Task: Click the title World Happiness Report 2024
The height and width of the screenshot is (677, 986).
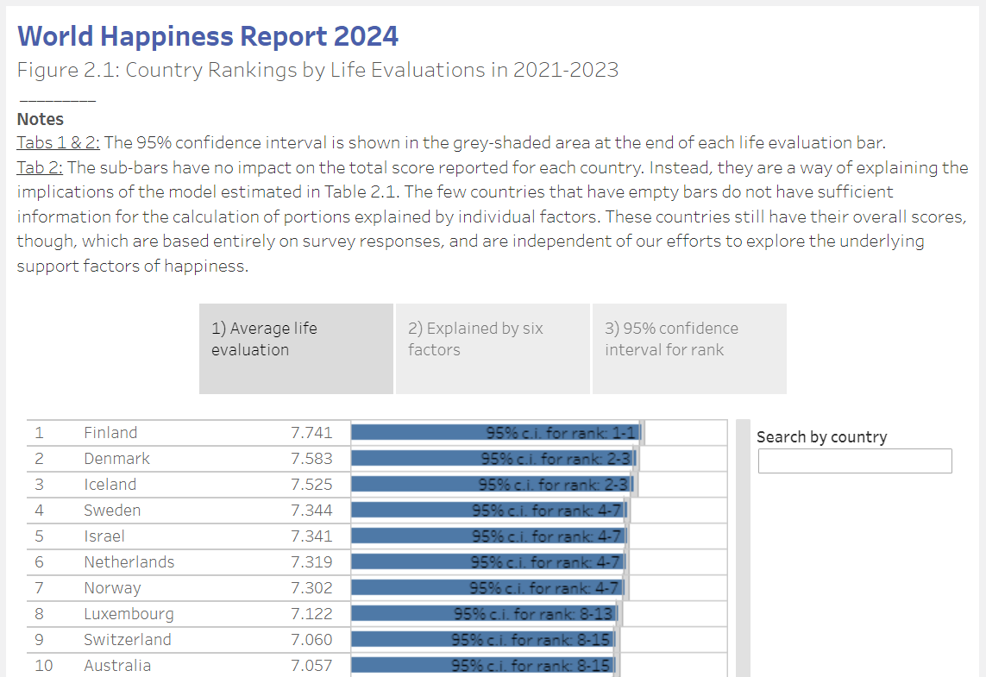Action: [x=208, y=36]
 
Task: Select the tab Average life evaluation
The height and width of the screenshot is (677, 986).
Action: [x=296, y=348]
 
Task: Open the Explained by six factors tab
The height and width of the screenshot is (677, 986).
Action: [x=493, y=348]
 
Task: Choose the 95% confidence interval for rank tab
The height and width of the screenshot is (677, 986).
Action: [x=689, y=348]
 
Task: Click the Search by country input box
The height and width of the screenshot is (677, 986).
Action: [x=855, y=461]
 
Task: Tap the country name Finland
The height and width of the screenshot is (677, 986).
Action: [x=110, y=433]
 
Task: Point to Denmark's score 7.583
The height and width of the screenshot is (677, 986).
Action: [x=311, y=459]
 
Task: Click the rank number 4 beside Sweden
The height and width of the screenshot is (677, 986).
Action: [x=39, y=511]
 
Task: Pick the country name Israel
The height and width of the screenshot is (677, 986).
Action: [x=104, y=536]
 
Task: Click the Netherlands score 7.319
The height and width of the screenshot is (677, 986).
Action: [x=311, y=562]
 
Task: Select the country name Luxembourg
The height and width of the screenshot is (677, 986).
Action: [x=129, y=614]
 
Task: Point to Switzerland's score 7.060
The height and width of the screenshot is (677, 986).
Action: [x=311, y=640]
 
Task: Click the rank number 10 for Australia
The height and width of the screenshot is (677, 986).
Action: [x=43, y=666]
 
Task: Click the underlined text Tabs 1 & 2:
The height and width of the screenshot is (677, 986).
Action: [x=59, y=142]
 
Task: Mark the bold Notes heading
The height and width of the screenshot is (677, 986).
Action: [x=41, y=119]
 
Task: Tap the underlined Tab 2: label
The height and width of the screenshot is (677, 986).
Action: [x=40, y=166]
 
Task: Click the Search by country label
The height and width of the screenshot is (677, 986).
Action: [x=821, y=437]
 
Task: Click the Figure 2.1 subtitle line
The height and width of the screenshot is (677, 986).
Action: [x=317, y=70]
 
